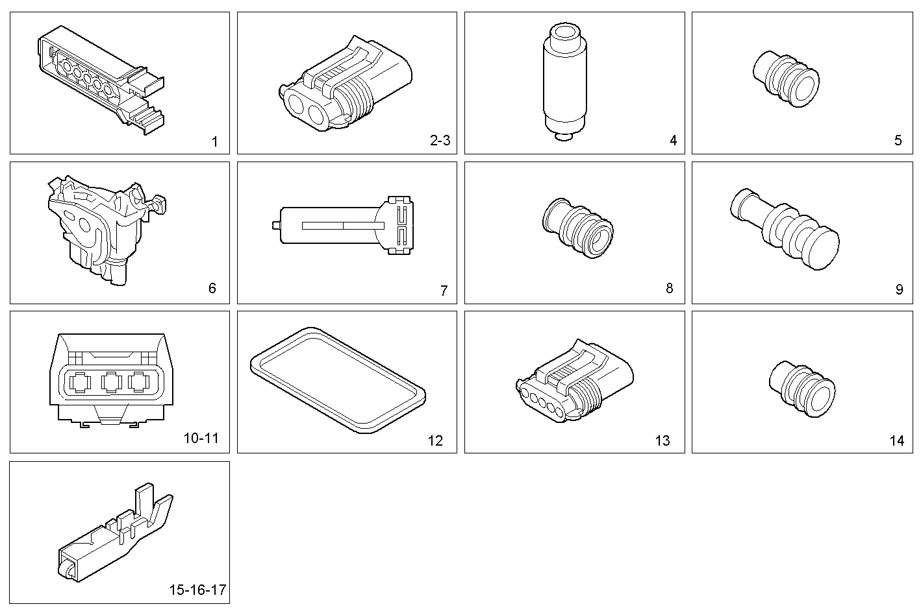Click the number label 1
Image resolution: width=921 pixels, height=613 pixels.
(x=215, y=141)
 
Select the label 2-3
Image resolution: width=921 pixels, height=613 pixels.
(x=440, y=140)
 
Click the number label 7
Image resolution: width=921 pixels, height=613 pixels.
(x=444, y=291)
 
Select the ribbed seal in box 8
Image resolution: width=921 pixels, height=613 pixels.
(x=577, y=228)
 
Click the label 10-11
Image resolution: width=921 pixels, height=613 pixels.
(x=201, y=439)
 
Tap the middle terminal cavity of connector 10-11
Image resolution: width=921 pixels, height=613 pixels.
(x=111, y=382)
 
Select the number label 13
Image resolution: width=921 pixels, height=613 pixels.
(x=662, y=440)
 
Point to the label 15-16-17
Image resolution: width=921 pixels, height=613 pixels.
(x=197, y=590)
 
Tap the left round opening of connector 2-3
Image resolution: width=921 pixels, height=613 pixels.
(x=298, y=104)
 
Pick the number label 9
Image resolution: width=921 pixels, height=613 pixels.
(x=899, y=289)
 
